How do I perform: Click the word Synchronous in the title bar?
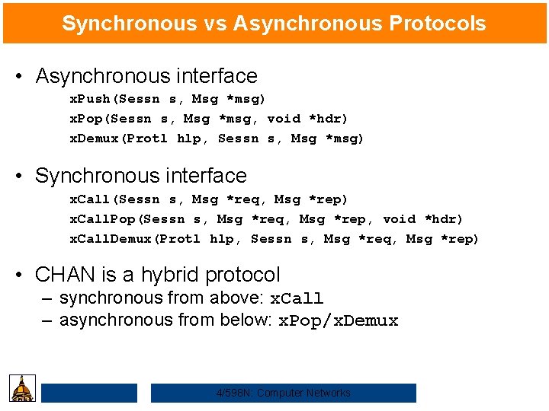(x=129, y=24)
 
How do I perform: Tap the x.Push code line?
(x=168, y=99)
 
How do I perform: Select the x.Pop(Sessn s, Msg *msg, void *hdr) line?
(x=209, y=119)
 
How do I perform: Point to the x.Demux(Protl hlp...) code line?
(x=217, y=139)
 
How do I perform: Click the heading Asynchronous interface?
(x=146, y=76)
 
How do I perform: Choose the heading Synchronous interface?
(x=141, y=176)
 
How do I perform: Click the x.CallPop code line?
(x=266, y=219)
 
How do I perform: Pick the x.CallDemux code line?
(x=274, y=239)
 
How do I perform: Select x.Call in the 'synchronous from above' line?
(x=297, y=298)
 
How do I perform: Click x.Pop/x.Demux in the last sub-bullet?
(x=337, y=320)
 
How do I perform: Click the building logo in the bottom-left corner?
(x=21, y=388)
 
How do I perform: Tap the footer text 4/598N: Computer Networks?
(x=284, y=393)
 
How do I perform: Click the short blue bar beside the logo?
(x=89, y=393)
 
